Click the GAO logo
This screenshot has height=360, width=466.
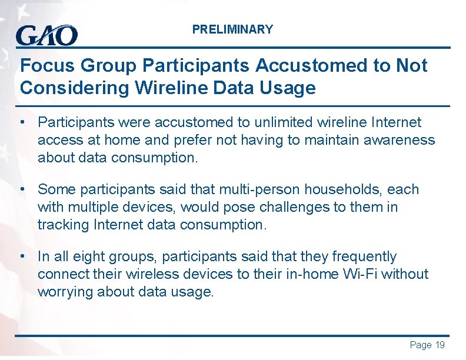[x=46, y=35]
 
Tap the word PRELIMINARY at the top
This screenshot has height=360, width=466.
[x=232, y=29]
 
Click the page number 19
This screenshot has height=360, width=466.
[x=440, y=345]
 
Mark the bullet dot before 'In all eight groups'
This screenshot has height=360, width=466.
[x=22, y=256]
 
